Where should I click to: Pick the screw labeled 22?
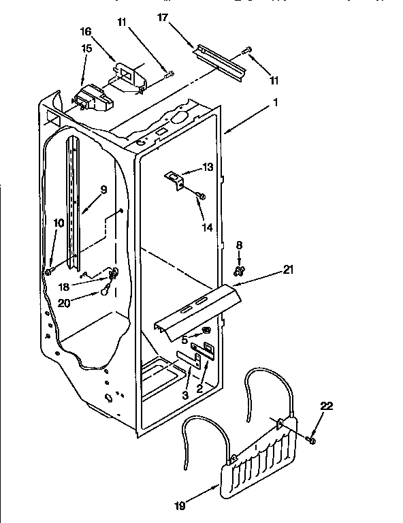click(x=312, y=441)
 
